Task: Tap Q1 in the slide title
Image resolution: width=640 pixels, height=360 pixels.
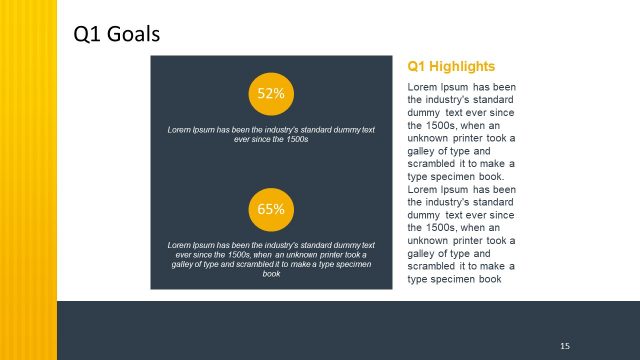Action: pos(88,35)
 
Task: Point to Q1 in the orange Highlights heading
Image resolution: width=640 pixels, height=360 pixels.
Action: pos(417,67)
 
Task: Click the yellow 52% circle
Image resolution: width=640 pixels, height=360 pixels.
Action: pos(271,94)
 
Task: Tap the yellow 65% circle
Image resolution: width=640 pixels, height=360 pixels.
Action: pos(271,209)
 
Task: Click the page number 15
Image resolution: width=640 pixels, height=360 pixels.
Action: pos(565,345)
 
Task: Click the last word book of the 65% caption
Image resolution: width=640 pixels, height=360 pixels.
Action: pos(271,273)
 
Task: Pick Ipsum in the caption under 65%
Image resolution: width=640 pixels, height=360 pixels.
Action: pos(201,245)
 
